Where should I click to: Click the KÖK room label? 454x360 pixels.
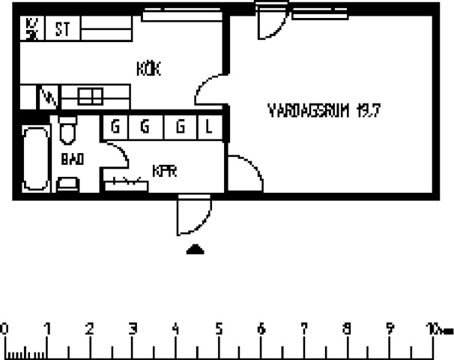(x=149, y=69)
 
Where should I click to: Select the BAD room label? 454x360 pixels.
(x=72, y=159)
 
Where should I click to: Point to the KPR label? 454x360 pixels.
(x=164, y=171)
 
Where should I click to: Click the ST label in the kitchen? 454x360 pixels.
(x=61, y=30)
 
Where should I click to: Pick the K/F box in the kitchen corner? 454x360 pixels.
(x=31, y=30)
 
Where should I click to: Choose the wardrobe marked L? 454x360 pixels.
(x=209, y=127)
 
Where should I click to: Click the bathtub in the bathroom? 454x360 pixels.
(x=35, y=159)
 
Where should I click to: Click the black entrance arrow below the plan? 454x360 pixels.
(x=195, y=250)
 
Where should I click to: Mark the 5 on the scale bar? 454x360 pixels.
(x=219, y=328)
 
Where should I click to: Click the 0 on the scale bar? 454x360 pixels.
(x=5, y=328)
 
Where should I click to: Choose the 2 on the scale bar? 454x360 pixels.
(x=90, y=328)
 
